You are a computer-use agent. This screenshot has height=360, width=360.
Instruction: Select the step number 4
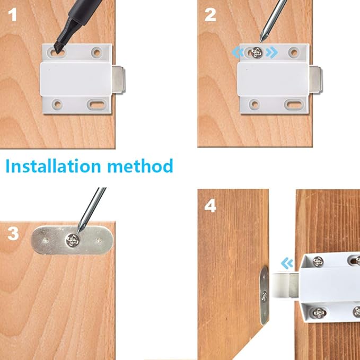tap(210, 205)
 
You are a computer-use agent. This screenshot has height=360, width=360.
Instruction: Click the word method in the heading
tap(141, 166)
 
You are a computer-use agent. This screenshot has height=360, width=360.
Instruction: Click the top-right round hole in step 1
tap(96, 52)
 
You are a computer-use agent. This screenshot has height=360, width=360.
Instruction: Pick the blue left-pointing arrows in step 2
tap(238, 52)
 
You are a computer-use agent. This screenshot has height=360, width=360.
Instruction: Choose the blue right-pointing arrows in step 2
tap(272, 52)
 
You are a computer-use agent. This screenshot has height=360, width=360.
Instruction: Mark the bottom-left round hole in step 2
tap(254, 104)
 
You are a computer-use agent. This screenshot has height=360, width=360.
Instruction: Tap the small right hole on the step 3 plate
tap(99, 240)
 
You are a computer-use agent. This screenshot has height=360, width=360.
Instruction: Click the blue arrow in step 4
tap(287, 262)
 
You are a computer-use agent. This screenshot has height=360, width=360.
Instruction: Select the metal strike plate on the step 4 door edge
tap(264, 295)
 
